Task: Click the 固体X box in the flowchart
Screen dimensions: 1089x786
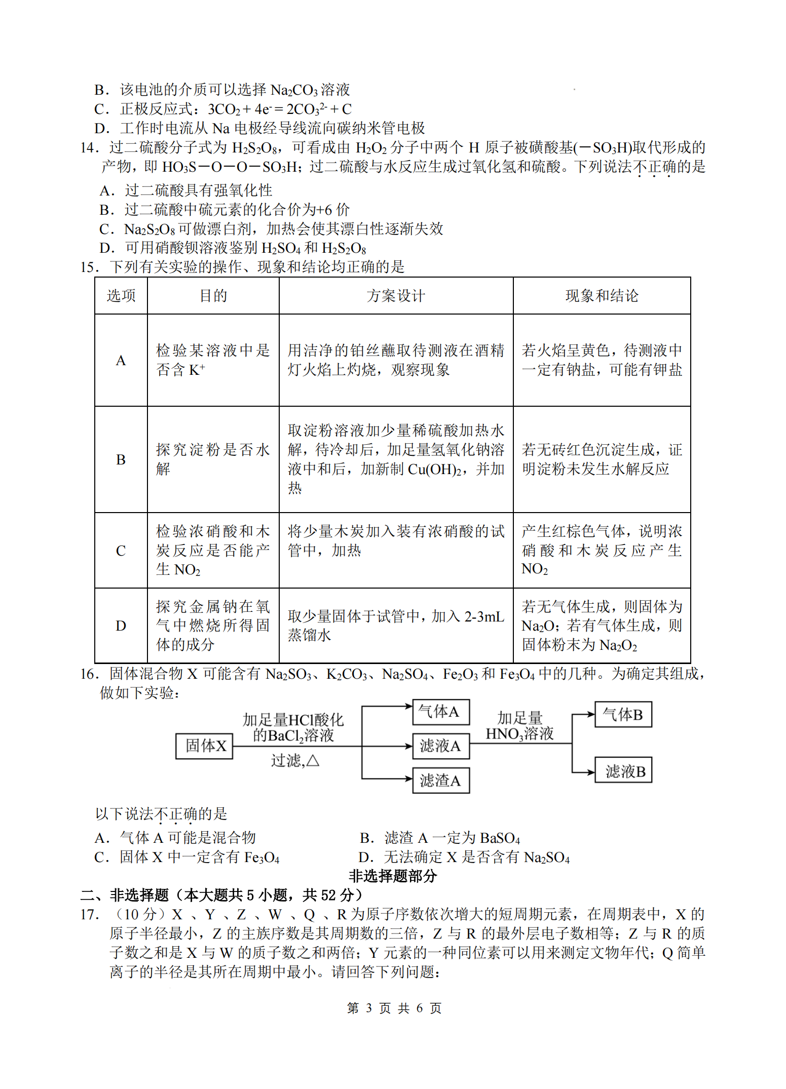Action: point(204,746)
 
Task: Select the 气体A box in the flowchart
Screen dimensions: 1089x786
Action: point(441,712)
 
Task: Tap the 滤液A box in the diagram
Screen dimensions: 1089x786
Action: point(441,746)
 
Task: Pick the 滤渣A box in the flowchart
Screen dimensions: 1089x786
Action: point(441,781)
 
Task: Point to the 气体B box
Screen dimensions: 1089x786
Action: point(623,715)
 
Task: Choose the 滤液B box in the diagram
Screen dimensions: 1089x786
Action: point(623,771)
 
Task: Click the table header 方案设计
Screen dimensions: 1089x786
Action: point(396,296)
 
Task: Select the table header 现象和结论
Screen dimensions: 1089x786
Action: point(602,296)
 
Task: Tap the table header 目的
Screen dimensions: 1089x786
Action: point(213,296)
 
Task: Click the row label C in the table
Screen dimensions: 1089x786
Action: point(121,551)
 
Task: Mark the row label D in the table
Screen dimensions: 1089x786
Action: point(121,626)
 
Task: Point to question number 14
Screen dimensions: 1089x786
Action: point(89,148)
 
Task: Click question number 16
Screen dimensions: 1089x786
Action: point(89,674)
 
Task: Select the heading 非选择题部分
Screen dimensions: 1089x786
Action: point(393,876)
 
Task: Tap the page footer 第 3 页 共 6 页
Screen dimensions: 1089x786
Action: point(394,1008)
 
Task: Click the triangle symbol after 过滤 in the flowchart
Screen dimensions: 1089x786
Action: point(313,761)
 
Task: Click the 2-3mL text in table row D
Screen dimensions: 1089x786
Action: point(484,616)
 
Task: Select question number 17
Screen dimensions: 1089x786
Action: point(89,915)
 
